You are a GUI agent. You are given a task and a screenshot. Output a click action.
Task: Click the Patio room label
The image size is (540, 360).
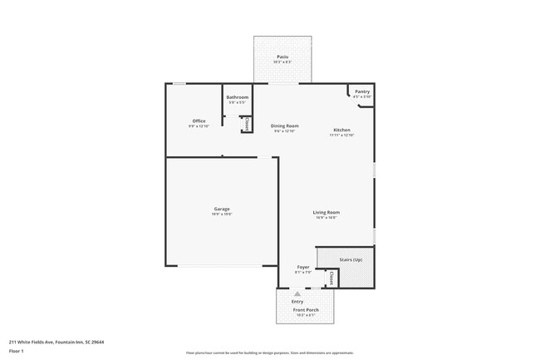(x=282, y=57)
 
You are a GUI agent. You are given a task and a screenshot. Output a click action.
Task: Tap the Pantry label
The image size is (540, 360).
(x=362, y=91)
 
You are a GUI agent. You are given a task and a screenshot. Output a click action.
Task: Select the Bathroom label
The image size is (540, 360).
(x=237, y=97)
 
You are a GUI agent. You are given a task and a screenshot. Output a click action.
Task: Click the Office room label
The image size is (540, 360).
(x=199, y=121)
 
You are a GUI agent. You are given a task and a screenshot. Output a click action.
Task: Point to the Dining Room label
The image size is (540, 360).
(x=284, y=126)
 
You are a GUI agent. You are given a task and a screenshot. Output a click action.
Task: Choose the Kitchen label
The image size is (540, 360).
(x=341, y=131)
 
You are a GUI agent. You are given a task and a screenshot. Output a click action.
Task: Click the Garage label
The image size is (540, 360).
(x=221, y=209)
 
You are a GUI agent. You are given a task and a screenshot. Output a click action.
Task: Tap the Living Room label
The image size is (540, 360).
(x=326, y=212)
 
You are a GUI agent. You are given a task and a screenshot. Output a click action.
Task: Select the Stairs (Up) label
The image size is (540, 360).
(x=350, y=259)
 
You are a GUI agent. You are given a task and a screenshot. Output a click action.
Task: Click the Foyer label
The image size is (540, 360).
(x=303, y=267)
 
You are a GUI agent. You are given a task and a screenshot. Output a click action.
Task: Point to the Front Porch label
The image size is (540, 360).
(x=306, y=309)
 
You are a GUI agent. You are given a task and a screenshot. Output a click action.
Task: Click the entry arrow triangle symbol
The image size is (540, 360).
(x=297, y=293)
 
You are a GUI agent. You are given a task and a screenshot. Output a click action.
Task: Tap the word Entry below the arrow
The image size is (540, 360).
(x=297, y=301)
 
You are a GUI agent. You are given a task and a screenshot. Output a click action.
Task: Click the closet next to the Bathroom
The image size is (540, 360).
(x=247, y=125)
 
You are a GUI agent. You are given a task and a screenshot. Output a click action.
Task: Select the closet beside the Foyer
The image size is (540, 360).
(x=331, y=277)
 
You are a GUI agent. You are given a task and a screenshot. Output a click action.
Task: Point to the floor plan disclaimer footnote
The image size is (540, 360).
(x=269, y=353)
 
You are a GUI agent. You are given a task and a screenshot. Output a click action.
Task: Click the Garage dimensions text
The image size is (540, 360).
(x=221, y=214)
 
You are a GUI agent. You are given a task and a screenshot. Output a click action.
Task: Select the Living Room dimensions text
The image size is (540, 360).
(x=326, y=217)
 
